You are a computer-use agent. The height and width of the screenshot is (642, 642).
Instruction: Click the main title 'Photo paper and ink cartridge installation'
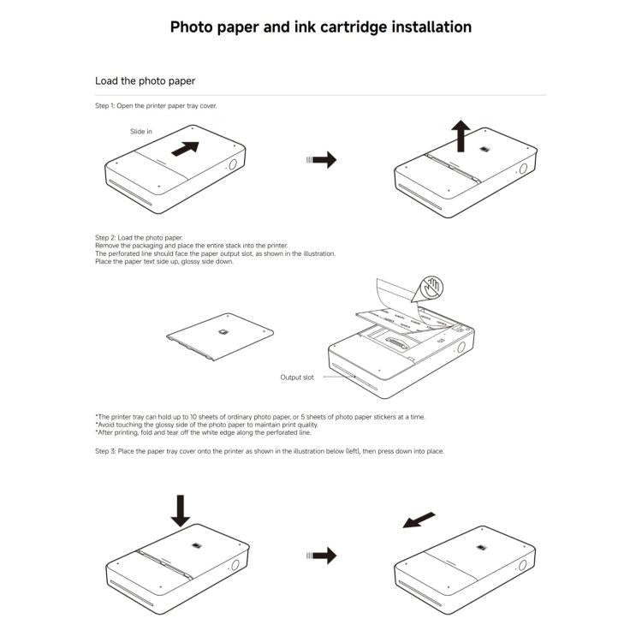(320, 27)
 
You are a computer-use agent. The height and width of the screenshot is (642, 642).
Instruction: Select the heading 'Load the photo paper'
(145, 81)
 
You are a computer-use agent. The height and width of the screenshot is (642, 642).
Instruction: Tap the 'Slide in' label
(141, 132)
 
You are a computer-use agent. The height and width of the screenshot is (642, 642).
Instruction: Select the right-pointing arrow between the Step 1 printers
(322, 160)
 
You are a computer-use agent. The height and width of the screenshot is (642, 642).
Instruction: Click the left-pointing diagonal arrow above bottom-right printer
(419, 520)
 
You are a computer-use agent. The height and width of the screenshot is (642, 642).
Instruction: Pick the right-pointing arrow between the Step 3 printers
(322, 556)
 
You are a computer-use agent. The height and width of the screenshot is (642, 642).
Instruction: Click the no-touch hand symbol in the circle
(429, 289)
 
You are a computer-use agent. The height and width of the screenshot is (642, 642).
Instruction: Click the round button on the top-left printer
(233, 166)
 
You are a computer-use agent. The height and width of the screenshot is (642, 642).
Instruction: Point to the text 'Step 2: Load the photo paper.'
(139, 237)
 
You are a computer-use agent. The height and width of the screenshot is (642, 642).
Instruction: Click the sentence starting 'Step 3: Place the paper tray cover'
(269, 451)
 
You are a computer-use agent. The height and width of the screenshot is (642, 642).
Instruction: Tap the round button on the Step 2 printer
(461, 348)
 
